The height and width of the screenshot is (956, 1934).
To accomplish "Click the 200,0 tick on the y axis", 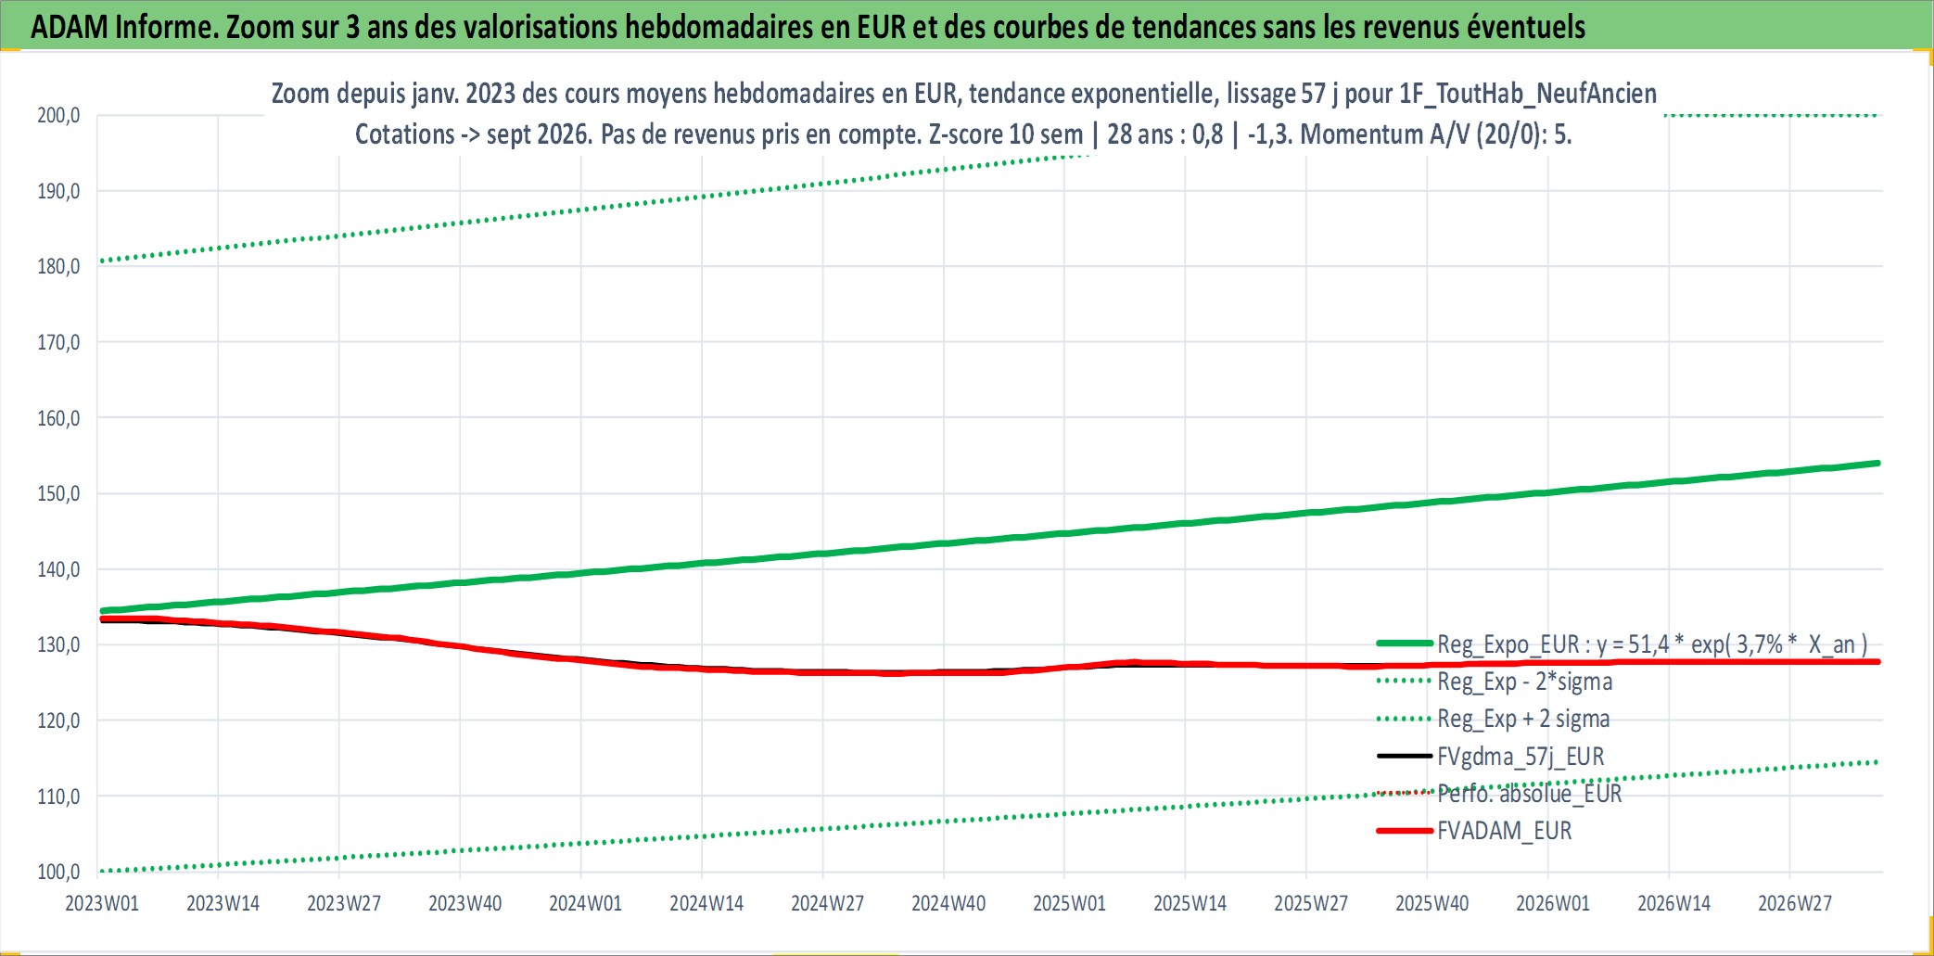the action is click(58, 116).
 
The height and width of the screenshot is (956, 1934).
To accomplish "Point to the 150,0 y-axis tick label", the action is click(58, 493).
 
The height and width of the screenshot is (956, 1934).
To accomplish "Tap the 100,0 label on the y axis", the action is click(58, 872).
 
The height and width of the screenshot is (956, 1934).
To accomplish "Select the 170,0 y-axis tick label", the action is click(58, 342).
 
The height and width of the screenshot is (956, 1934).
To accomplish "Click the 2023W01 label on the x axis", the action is click(102, 903).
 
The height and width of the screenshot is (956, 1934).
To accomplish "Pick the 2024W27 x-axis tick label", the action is click(827, 903).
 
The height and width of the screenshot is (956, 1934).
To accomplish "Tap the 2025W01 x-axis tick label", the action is click(1069, 903).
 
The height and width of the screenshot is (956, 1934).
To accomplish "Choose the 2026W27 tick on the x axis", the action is click(1795, 903).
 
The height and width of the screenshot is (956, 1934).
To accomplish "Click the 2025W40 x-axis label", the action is click(1432, 903).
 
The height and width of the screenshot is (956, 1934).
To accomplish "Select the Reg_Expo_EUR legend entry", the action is click(1622, 644).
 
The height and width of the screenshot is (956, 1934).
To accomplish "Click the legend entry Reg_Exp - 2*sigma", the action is click(1495, 682).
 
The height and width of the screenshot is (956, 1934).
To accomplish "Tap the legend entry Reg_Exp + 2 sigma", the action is click(1494, 719).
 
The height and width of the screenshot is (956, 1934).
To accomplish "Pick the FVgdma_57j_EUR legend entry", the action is click(1491, 757).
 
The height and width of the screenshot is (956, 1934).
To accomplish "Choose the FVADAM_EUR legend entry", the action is click(1474, 831).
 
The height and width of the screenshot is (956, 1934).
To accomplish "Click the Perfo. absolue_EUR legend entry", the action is click(1499, 794).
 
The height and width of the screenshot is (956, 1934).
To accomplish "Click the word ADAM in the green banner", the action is click(70, 27).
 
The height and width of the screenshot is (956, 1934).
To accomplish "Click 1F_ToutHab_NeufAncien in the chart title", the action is click(1527, 94).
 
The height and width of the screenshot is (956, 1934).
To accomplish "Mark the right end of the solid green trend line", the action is click(1878, 463).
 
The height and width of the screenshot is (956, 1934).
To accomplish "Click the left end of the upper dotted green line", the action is click(101, 261).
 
